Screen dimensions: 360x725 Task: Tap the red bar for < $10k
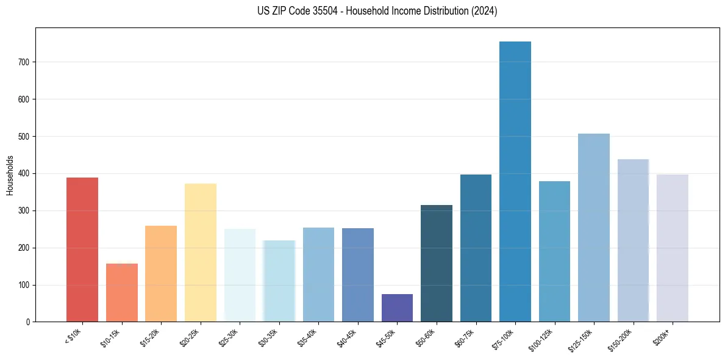(x=82, y=250)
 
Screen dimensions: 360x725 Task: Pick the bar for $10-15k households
(x=121, y=293)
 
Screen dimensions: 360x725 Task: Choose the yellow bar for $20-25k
(x=200, y=253)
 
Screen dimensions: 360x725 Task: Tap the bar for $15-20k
(x=161, y=274)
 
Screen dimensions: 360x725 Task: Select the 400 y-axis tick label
(x=25, y=174)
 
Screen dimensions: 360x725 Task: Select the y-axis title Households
(x=10, y=175)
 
